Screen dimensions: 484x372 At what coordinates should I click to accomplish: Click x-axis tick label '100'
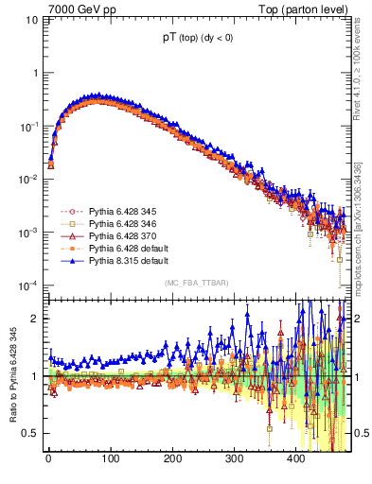click(110, 459)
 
